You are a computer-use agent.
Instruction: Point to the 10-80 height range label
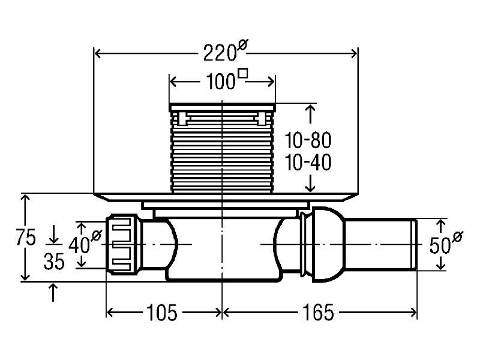click(308, 141)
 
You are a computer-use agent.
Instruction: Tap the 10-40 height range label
click(308, 162)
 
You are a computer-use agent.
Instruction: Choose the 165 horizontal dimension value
click(318, 313)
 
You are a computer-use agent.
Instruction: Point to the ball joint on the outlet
click(325, 244)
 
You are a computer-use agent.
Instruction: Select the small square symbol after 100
click(243, 74)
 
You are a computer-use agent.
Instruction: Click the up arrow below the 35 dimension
click(54, 292)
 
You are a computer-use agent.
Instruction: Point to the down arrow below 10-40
click(310, 183)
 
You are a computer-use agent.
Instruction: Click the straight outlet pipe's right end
click(414, 245)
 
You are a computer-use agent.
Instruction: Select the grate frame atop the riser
click(222, 107)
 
